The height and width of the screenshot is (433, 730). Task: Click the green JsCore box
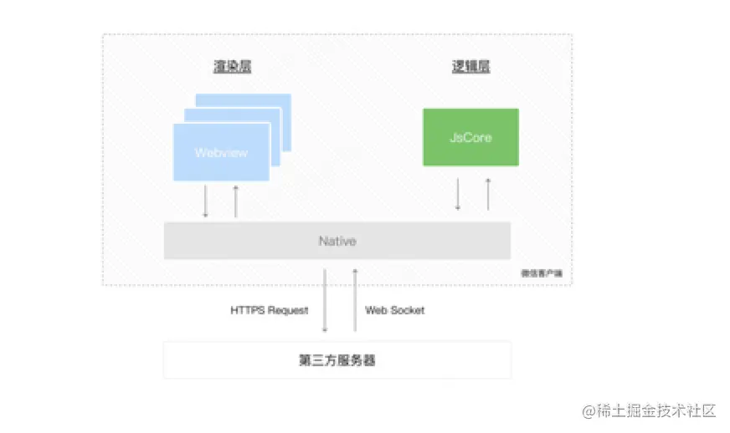(x=470, y=136)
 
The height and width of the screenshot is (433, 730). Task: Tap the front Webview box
(x=221, y=152)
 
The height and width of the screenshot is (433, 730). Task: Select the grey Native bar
(x=337, y=241)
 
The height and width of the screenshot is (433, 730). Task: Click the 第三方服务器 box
(x=337, y=360)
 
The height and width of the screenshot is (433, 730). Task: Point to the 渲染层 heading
(x=232, y=68)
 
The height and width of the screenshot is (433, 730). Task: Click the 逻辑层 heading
(x=470, y=68)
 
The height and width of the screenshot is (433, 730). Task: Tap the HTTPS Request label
(x=269, y=310)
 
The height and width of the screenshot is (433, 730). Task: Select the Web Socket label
(x=394, y=310)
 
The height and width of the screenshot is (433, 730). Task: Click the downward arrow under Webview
(x=205, y=201)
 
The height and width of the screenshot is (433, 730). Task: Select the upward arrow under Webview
(x=235, y=201)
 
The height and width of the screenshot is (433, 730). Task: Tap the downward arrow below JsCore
(x=458, y=194)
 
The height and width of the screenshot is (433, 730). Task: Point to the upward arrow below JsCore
(x=487, y=194)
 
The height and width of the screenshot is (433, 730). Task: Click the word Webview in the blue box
(x=221, y=153)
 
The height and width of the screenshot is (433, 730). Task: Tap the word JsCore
(x=470, y=136)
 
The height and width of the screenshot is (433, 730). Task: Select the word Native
(x=337, y=241)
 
